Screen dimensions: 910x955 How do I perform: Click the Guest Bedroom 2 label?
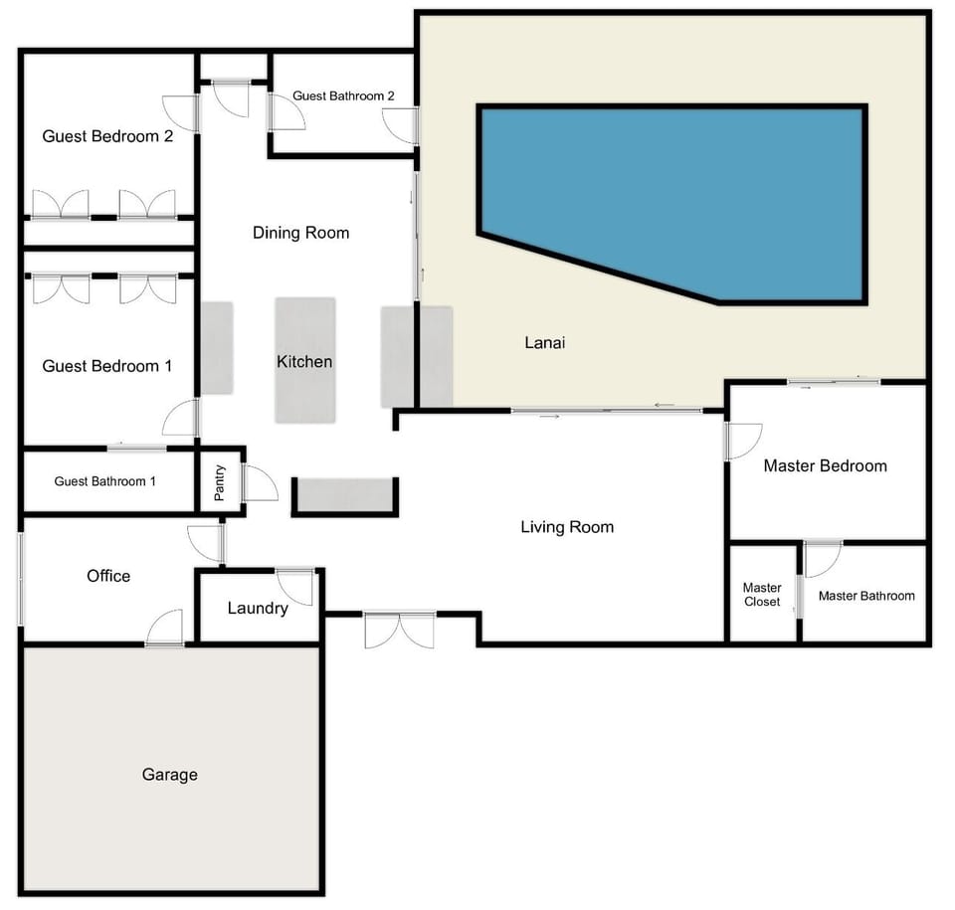click(x=107, y=136)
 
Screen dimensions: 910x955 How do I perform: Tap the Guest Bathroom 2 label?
click(x=343, y=96)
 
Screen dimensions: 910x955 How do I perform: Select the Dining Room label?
click(x=300, y=233)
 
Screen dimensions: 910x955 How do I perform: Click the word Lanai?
click(x=544, y=343)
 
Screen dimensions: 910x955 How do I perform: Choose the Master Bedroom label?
click(x=825, y=465)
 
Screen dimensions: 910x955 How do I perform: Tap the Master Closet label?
click(x=762, y=595)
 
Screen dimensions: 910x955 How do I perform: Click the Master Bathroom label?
click(x=866, y=596)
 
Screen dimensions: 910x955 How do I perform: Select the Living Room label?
click(x=567, y=527)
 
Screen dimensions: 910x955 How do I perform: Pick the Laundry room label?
click(x=258, y=609)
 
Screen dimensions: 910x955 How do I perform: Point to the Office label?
click(x=108, y=576)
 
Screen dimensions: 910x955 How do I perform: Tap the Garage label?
click(x=169, y=774)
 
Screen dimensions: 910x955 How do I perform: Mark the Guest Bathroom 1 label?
click(x=105, y=481)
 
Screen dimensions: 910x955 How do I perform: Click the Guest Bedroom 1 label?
click(x=106, y=366)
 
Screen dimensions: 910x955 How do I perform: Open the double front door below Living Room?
click(x=399, y=631)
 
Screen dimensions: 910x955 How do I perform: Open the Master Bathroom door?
click(x=823, y=558)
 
